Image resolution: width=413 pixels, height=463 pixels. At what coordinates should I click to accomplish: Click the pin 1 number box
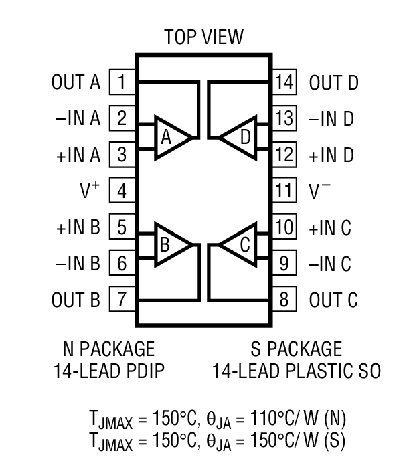[122, 83]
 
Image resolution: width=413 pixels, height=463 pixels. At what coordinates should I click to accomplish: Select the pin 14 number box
[284, 83]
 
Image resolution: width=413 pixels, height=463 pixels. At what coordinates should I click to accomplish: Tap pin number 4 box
[122, 191]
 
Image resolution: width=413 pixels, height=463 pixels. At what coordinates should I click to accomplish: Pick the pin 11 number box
[284, 191]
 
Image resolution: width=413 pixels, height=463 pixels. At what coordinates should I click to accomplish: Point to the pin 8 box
[284, 299]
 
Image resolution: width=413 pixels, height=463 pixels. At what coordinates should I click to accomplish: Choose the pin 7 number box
[122, 299]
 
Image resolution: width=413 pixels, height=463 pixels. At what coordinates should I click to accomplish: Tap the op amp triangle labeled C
[240, 245]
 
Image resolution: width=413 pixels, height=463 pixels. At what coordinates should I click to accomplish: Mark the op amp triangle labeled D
[240, 137]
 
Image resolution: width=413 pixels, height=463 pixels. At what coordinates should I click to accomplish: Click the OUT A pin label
[75, 83]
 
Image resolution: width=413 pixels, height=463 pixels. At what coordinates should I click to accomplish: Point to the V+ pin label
[88, 191]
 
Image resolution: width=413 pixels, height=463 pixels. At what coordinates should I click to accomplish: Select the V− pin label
[320, 191]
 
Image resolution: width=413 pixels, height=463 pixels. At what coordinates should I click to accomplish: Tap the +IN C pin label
[329, 227]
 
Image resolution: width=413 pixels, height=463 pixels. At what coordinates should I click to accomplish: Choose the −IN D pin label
[331, 119]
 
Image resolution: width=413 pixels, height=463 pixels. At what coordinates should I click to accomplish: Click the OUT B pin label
[75, 299]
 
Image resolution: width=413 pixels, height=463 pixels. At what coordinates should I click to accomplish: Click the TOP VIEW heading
[203, 37]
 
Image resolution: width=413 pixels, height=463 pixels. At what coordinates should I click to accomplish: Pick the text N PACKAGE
[108, 349]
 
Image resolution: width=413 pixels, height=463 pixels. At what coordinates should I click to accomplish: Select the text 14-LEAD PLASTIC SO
[296, 370]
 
